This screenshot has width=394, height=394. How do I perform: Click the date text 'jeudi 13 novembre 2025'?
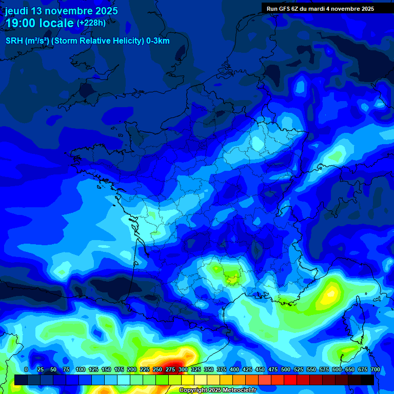coord(62,11)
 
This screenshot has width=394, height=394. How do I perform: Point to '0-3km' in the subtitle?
coord(158,41)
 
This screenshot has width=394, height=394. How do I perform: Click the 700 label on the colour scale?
coord(375,370)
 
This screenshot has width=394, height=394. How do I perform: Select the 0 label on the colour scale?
coord(26,370)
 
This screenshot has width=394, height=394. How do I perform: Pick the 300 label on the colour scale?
coord(183,370)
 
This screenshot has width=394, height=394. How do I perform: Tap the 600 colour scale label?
coord(337,370)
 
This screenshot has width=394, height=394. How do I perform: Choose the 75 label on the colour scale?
coord(66,370)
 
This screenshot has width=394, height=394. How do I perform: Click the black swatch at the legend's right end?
coord(367,380)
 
